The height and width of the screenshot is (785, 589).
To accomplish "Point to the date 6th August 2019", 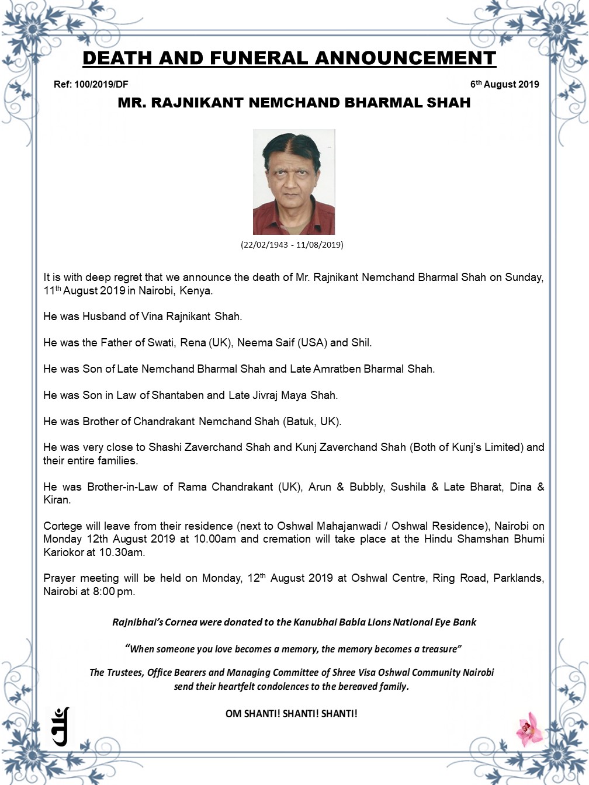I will pos(504,84).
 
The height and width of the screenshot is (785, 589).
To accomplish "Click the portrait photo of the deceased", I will pos(294,182).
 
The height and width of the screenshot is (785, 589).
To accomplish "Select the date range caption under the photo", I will pos(292,245).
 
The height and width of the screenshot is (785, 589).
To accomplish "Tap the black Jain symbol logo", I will pos(61,726).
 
